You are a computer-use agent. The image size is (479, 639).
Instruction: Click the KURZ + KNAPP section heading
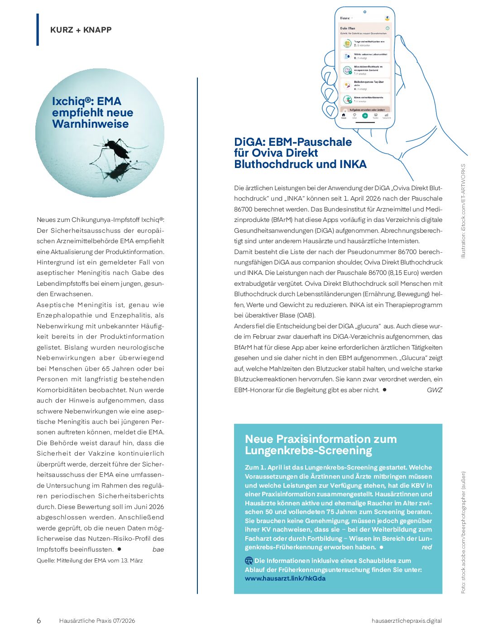tap(81, 30)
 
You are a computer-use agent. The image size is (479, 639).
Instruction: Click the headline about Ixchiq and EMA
tap(92, 113)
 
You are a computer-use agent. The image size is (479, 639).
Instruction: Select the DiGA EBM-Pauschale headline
tap(300, 153)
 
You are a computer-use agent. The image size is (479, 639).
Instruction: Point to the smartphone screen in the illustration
tap(365, 68)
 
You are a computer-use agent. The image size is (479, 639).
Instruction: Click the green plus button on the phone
tap(365, 115)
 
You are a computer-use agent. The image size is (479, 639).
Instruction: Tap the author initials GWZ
tap(434, 390)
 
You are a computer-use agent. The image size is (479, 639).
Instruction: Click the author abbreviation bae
tap(158, 549)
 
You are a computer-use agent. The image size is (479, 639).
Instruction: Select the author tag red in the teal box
tap(426, 547)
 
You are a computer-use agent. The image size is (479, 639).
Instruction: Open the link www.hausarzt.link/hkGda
tap(285, 578)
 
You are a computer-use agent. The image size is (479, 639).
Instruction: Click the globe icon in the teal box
tap(249, 561)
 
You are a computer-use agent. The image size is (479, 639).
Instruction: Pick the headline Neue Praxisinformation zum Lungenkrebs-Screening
tap(321, 445)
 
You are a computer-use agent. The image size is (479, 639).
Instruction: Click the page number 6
tap(39, 621)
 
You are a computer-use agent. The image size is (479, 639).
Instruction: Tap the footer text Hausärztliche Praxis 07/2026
tap(97, 621)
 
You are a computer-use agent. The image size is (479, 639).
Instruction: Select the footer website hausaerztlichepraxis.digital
tap(406, 621)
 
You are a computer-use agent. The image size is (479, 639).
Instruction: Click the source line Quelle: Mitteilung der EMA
tap(90, 561)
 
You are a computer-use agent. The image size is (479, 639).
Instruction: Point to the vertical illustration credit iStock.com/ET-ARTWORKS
tap(463, 211)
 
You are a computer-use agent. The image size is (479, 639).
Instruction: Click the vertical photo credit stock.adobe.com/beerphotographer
tap(463, 533)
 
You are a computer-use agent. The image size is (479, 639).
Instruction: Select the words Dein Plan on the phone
tap(348, 28)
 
